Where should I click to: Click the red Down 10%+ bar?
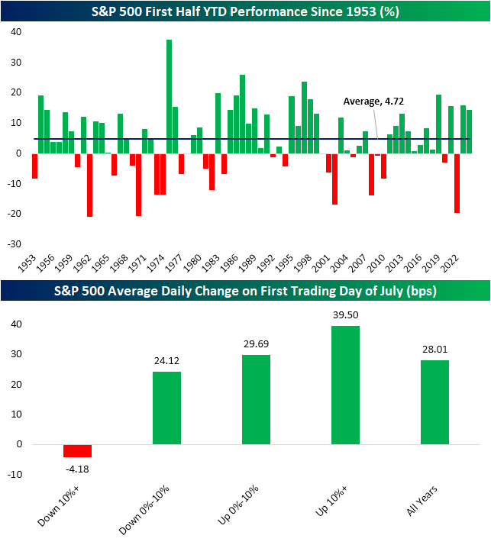click(77, 450)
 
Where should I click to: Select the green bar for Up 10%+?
click(345, 385)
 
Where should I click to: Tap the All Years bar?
click(434, 401)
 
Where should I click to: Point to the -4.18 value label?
click(77, 466)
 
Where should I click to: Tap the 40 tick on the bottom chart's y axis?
click(17, 324)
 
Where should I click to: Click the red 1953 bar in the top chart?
click(34, 166)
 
